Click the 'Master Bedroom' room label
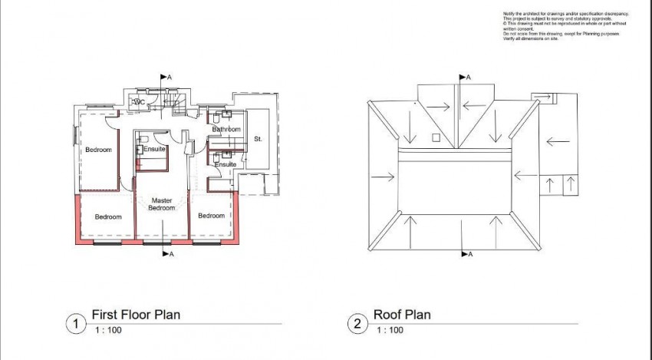pos(162,203)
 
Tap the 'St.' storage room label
pos(257,139)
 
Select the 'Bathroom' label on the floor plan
pos(227,130)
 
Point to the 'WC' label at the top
pos(140,101)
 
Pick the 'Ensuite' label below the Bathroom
pos(226,164)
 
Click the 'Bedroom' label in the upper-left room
pos(98,149)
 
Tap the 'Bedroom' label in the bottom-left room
pos(108,216)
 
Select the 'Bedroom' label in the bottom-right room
pos(211,216)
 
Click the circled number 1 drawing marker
pos(74,324)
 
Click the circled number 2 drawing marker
pos(357,324)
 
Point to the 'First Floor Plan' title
pos(136,315)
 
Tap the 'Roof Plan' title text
pos(402,315)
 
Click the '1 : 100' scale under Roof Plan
pos(390,331)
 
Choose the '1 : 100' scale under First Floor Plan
pos(108,331)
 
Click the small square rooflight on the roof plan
pos(435,138)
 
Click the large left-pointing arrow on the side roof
pos(558,140)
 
